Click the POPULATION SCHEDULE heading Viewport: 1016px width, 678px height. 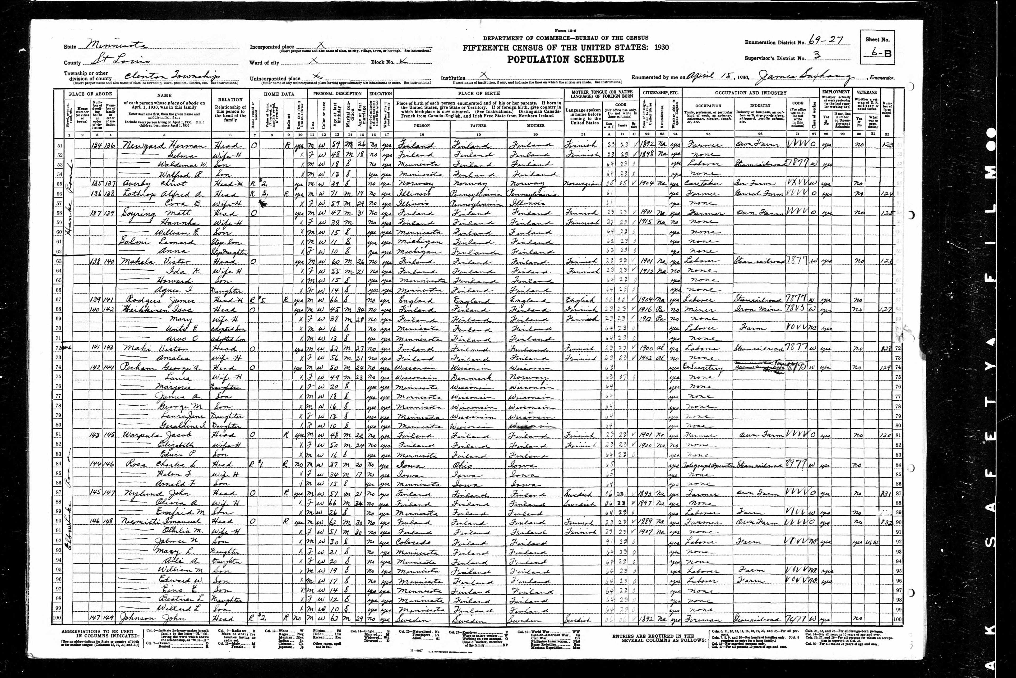point(565,59)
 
